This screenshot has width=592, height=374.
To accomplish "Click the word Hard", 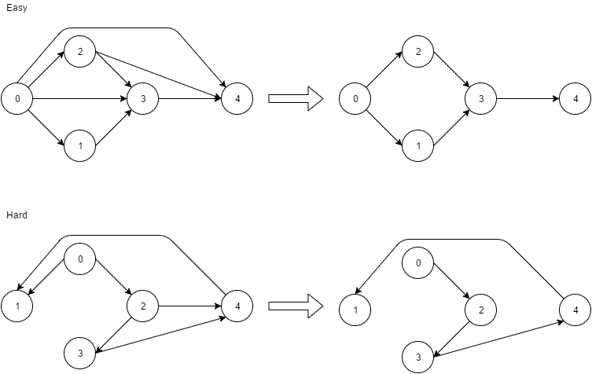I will coord(16,214).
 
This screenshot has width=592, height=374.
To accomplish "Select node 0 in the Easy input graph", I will coord(17,99).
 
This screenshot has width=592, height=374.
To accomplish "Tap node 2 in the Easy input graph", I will coord(79,52).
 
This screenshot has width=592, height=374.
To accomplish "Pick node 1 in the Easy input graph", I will coord(79,146).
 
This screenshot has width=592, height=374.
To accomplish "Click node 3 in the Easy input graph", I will coord(143,99).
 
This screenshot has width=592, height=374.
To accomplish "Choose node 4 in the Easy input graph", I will coord(237,99).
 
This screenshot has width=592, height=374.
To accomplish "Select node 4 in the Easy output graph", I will coord(575,99).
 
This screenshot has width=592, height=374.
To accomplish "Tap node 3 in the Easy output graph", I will coord(481,99).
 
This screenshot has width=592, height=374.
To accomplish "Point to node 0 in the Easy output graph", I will coord(355,99).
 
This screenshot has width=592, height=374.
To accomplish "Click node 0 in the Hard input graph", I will coord(79,259).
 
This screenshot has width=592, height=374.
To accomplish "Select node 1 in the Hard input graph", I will coord(17,306).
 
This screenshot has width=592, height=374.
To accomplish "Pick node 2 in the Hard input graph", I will coord(143,306).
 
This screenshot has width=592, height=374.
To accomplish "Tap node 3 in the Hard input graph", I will coord(79,353).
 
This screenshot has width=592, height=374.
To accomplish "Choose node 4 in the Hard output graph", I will coord(575,310).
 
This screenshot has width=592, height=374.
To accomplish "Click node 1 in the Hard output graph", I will coord(355,310).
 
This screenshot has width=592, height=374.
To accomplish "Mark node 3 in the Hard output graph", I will coord(418,357).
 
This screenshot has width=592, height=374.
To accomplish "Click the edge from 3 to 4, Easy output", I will coord(528,99).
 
